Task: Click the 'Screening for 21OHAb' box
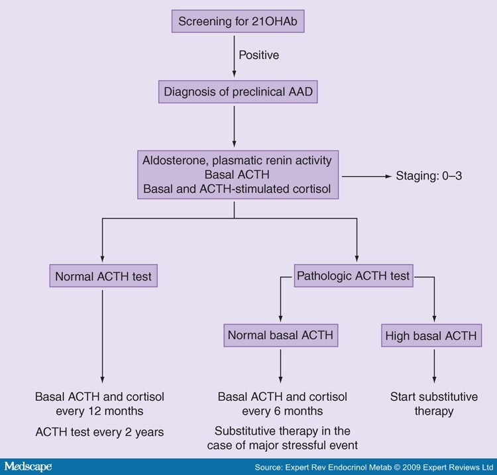click(x=235, y=21)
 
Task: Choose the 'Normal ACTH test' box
click(x=102, y=275)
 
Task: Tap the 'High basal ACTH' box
click(x=431, y=335)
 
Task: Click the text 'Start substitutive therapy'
click(x=433, y=404)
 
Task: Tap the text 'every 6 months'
click(x=282, y=411)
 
